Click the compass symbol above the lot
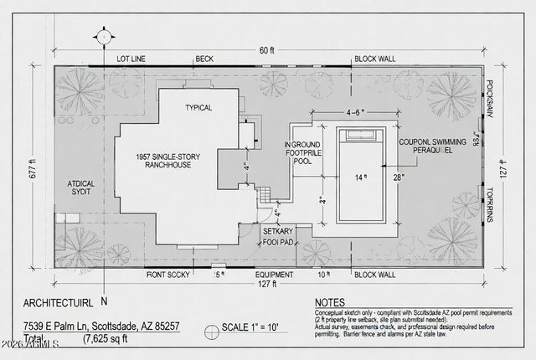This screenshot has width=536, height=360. tap(102, 37)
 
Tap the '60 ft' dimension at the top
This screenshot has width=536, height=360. tap(266, 51)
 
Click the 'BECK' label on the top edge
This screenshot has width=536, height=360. tap(204, 59)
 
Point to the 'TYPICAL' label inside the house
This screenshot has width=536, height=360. tap(198, 107)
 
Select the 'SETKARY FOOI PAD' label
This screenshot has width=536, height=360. tap(277, 237)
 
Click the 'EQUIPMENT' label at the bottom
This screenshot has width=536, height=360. tap(274, 274)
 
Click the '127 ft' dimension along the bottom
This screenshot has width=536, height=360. tap(267, 284)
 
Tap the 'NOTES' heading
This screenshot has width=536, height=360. tap(330, 303)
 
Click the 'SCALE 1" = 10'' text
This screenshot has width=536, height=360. tap(255, 327)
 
